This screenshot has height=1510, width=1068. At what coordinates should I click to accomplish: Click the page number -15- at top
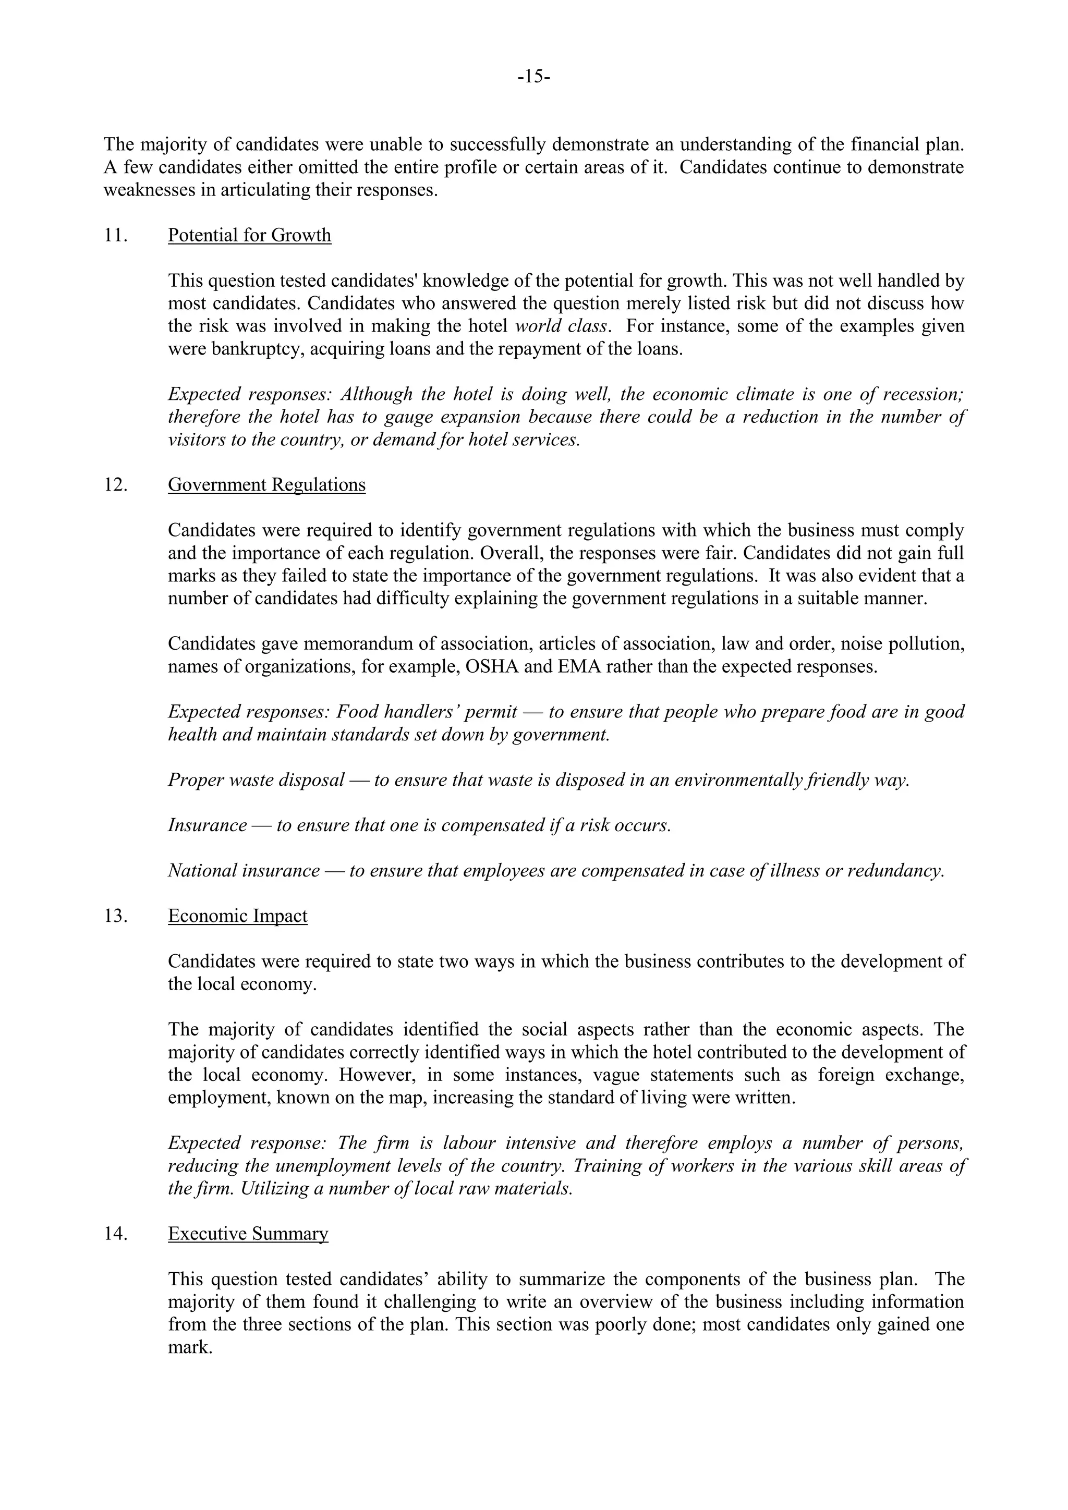tap(533, 77)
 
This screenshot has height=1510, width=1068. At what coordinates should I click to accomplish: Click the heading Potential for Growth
tap(249, 236)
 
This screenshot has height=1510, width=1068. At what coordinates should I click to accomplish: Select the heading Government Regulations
tap(266, 485)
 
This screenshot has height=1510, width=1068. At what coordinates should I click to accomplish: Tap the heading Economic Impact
tap(237, 916)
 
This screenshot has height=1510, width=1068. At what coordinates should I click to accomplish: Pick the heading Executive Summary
tap(248, 1234)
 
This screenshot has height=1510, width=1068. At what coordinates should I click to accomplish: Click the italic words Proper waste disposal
tap(256, 781)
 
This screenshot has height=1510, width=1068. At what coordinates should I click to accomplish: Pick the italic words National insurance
tap(244, 871)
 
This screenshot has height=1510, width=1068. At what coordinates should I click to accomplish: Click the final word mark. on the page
tap(190, 1347)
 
